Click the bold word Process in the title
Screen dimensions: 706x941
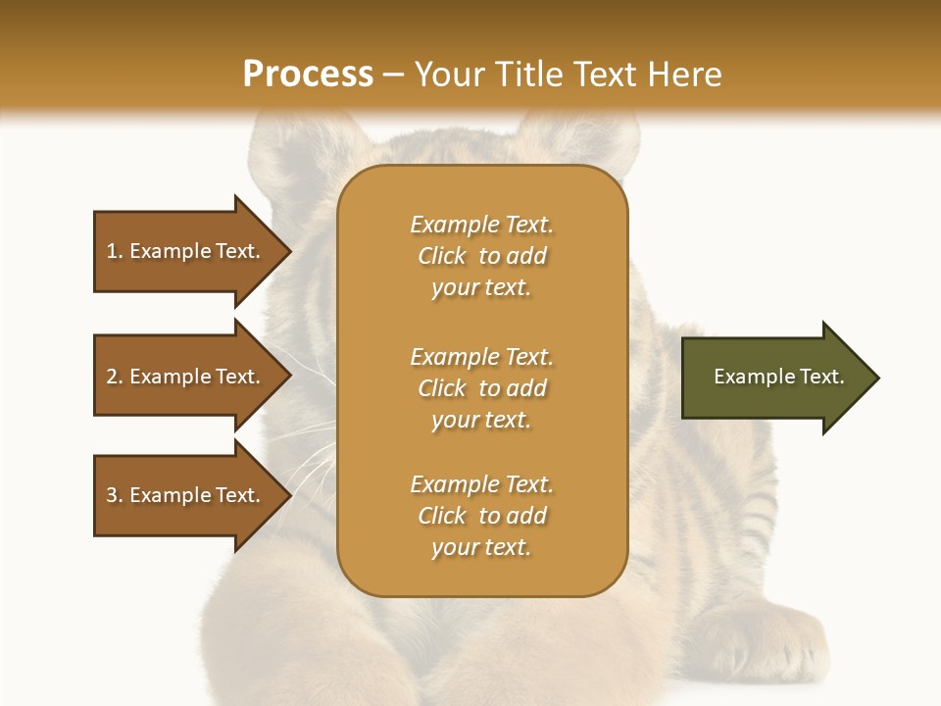308,75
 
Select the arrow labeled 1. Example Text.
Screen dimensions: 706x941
186,251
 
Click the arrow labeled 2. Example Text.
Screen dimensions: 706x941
186,377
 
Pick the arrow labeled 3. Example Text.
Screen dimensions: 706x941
186,495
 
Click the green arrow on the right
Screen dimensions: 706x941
774,378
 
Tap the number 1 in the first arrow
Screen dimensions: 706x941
112,251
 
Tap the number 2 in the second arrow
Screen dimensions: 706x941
112,377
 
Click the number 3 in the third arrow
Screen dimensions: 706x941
112,495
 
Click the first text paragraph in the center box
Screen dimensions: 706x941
481,256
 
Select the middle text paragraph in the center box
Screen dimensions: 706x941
481,388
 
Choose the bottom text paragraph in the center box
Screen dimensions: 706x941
481,516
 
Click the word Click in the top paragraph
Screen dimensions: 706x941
442,256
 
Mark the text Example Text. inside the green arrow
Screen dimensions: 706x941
778,377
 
